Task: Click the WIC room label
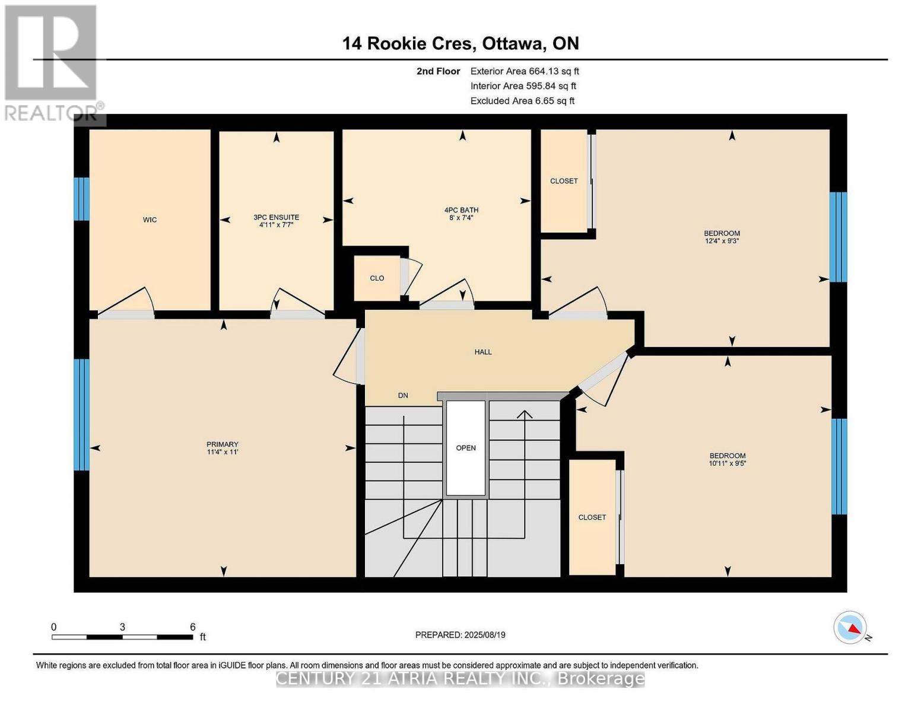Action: click(150, 220)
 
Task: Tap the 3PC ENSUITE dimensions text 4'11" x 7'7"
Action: click(277, 225)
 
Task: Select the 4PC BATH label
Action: click(461, 210)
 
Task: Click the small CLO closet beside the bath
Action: click(377, 278)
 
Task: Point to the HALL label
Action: click(483, 352)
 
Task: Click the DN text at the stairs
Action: click(403, 395)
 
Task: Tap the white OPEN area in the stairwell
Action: click(466, 448)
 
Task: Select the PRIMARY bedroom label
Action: click(223, 444)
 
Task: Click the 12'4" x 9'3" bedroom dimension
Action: click(722, 241)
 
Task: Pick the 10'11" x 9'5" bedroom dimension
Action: click(727, 463)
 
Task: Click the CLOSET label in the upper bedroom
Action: click(564, 181)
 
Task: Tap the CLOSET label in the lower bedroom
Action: click(592, 517)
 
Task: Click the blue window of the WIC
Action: click(82, 199)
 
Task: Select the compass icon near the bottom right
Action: click(850, 627)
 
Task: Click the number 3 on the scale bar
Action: click(122, 627)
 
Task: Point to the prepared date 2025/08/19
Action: click(485, 635)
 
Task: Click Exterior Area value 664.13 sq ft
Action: click(554, 71)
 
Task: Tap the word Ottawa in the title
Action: click(514, 43)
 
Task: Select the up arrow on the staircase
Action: click(525, 414)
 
